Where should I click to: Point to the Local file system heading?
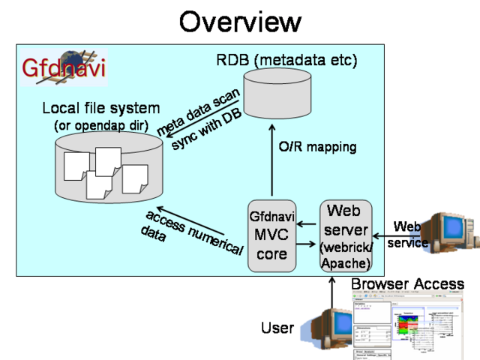coord(100,109)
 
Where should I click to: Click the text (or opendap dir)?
coord(101,124)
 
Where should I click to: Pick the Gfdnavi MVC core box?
coord(271,235)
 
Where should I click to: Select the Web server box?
coord(346,235)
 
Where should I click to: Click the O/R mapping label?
coord(317,147)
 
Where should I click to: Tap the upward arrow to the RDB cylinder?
coord(272,161)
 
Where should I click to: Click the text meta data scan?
coord(198,112)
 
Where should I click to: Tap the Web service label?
coord(408,234)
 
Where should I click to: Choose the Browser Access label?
coord(407,284)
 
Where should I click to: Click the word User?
coord(277,328)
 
